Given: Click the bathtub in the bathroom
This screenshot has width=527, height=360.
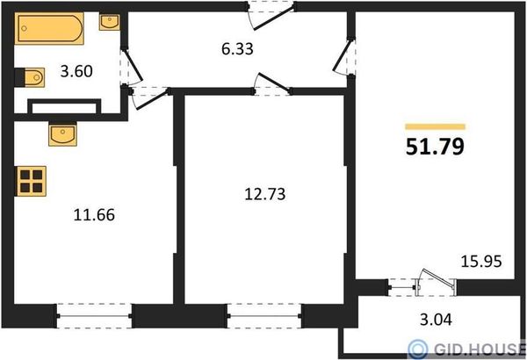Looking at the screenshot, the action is click(49, 28).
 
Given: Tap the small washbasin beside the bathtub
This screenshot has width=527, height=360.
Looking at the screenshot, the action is click(109, 22).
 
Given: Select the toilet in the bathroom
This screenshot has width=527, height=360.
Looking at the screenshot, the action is click(30, 77).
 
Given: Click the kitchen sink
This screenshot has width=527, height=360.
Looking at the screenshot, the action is click(62, 134).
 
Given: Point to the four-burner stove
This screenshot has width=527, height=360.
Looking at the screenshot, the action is click(31, 181).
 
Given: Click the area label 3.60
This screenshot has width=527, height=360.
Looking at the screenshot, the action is click(76, 71).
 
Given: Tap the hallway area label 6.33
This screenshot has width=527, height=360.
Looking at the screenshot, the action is click(237, 49).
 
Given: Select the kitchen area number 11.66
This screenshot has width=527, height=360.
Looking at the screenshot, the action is click(94, 215).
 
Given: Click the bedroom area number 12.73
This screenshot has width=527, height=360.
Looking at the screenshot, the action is click(265, 194).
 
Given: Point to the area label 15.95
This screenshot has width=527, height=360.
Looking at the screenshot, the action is click(481, 261).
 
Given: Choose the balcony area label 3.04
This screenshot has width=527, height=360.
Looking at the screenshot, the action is click(436, 320).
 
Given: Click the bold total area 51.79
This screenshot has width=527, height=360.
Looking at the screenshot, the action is click(435, 147).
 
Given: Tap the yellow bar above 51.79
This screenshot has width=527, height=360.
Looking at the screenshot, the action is click(436, 126).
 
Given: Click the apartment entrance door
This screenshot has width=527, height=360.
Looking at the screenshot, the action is click(271, 15).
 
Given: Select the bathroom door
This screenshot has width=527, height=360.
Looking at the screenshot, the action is click(131, 67).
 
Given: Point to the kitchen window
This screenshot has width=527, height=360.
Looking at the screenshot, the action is click(95, 316).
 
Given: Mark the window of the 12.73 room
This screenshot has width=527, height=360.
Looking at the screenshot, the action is click(264, 316).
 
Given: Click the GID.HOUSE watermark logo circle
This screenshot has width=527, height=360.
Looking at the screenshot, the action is click(418, 349).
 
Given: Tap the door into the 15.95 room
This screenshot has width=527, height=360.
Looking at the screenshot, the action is click(344, 57).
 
